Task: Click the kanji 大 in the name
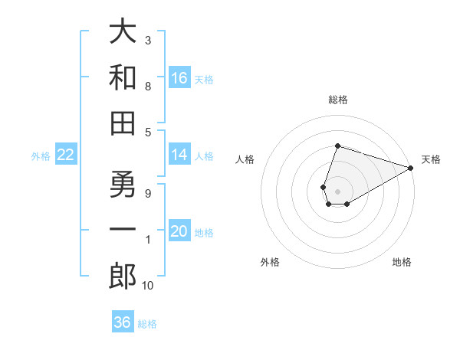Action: coord(123,33)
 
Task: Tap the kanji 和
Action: coord(123,77)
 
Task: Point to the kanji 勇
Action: coord(123,186)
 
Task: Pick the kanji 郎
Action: coord(123,277)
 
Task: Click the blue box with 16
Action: coord(179,78)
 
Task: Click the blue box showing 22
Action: coord(65,155)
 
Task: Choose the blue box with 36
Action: coord(122,322)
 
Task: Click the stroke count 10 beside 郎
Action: coord(148,286)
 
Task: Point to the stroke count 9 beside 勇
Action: coord(147,193)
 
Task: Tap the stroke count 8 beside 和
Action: coord(147,86)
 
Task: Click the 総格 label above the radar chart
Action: coord(337,100)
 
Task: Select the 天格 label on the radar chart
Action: coord(431,160)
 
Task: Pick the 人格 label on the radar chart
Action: coord(245,160)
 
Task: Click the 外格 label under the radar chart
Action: coord(270,262)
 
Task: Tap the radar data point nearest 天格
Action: coord(411,169)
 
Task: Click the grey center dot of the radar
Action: coord(337,190)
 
